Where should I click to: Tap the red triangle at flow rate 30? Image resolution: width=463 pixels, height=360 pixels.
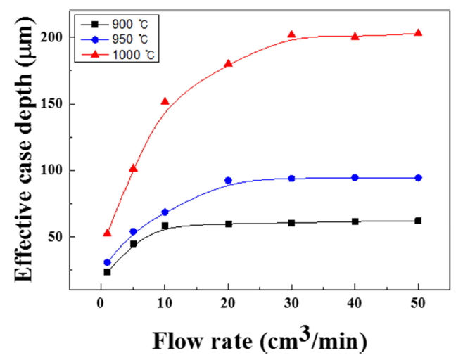click(291, 35)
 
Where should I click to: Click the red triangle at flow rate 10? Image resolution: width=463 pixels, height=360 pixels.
click(165, 101)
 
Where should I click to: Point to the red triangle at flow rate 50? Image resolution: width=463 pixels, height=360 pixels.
click(418, 33)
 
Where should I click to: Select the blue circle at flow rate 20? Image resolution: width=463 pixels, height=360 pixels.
click(228, 181)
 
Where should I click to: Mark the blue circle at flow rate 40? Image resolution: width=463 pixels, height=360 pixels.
click(355, 178)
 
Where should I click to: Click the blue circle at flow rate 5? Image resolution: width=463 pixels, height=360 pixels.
click(133, 231)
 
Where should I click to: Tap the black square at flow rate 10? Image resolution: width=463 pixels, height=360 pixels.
click(165, 226)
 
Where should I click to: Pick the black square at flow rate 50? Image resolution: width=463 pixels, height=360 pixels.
click(418, 221)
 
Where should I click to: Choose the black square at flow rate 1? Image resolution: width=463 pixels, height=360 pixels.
click(107, 272)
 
